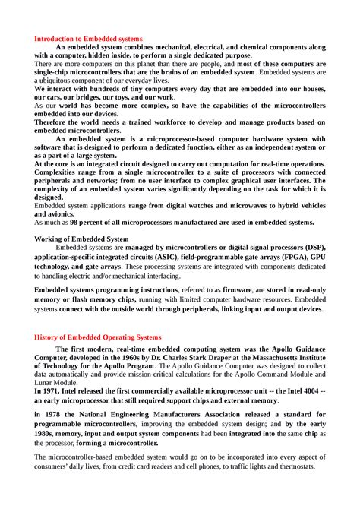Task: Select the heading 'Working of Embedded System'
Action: pyautogui.click(x=81, y=239)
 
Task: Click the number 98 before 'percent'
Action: pyautogui.click(x=74, y=223)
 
